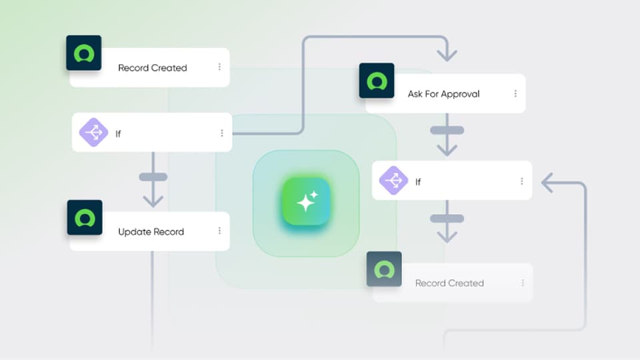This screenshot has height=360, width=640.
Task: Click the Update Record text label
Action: pyautogui.click(x=151, y=232)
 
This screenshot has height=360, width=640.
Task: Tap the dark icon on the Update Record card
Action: pyautogui.click(x=85, y=217)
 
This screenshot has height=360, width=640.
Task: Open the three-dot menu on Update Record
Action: pyautogui.click(x=219, y=231)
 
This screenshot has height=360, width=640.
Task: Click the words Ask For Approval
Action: pyautogui.click(x=443, y=94)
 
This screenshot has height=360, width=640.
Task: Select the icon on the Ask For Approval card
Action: pyautogui.click(x=377, y=81)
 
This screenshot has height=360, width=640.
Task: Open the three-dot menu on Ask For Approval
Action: pyautogui.click(x=515, y=94)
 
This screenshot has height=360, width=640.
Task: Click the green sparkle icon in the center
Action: pyautogui.click(x=306, y=201)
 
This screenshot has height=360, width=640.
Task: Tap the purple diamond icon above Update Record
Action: pyautogui.click(x=94, y=132)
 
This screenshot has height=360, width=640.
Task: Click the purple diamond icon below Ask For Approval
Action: pyautogui.click(x=393, y=181)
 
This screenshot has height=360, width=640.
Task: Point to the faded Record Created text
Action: pyautogui.click(x=449, y=283)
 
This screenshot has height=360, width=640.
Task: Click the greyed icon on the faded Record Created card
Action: pyautogui.click(x=384, y=269)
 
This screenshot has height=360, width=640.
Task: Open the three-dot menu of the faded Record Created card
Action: pyautogui.click(x=523, y=283)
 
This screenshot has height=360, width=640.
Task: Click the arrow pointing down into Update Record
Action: pyautogui.click(x=153, y=199)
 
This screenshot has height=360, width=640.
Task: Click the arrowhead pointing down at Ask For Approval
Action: pyautogui.click(x=447, y=54)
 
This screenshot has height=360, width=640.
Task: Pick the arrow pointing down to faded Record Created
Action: pyautogui.click(x=447, y=234)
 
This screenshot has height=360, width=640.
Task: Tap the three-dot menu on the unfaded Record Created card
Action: pyautogui.click(x=219, y=67)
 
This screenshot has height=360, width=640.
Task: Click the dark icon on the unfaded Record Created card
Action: pyautogui.click(x=84, y=53)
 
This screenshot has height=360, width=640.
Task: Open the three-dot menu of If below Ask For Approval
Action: pyautogui.click(x=521, y=181)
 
